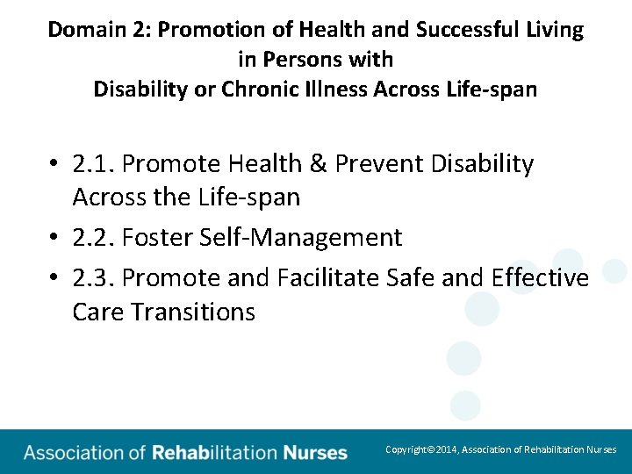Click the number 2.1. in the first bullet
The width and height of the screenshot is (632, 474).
tap(94, 164)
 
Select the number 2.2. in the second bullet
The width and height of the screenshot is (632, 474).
tap(94, 237)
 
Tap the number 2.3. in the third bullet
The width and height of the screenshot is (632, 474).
tap(94, 277)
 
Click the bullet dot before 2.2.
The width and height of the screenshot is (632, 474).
tap(54, 238)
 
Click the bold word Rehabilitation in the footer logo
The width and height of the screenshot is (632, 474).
tap(214, 453)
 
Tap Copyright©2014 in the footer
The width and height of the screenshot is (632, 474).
tap(420, 449)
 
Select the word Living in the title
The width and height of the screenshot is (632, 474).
tap(555, 29)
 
